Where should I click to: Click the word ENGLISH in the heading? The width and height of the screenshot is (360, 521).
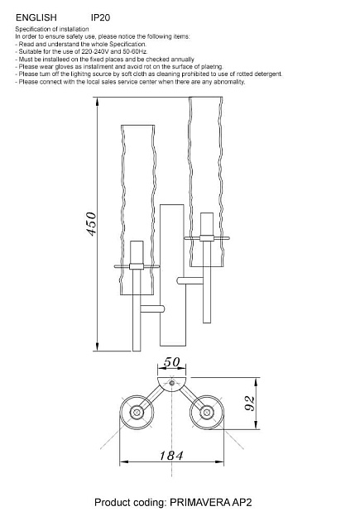tap(36, 17)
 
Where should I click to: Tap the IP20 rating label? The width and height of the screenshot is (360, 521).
tap(100, 17)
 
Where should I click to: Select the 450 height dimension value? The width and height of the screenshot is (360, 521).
tap(91, 224)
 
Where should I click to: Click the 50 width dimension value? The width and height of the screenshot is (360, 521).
tap(171, 362)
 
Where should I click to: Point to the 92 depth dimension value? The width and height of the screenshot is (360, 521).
tap(250, 404)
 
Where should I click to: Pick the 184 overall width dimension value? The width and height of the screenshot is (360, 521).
tap(171, 456)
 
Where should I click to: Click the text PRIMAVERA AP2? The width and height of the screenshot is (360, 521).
tap(211, 502)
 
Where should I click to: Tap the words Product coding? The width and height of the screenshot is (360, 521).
tap(130, 503)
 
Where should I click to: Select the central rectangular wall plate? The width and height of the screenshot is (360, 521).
tap(172, 275)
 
